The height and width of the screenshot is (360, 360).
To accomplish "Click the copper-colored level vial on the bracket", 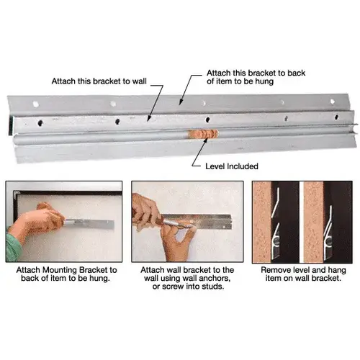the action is (x=203, y=134).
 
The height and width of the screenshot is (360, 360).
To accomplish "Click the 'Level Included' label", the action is (x=232, y=166).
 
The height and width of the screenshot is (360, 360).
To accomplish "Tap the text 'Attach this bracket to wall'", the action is (x=99, y=81).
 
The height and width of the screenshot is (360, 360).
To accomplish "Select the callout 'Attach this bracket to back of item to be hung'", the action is (x=256, y=77).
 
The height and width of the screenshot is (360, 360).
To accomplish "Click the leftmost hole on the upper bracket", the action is (x=36, y=104).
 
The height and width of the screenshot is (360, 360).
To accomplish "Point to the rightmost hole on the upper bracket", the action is (x=333, y=102).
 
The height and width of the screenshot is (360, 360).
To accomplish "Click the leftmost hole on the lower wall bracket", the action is (x=40, y=123).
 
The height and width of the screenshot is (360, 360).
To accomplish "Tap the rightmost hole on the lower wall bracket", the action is (x=336, y=117).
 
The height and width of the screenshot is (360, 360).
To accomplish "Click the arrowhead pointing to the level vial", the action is (x=206, y=140).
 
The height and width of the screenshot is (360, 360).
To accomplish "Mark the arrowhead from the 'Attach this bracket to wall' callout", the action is (x=148, y=118).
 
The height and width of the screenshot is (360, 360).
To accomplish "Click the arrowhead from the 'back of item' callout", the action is (x=181, y=102).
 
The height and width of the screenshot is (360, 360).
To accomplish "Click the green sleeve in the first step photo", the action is (x=14, y=247).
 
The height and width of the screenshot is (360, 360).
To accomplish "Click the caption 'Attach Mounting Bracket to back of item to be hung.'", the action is (x=66, y=274).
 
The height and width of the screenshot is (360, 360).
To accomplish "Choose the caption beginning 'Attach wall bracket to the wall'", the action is (x=187, y=278).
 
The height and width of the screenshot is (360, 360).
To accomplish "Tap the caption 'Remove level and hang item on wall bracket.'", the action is (x=303, y=274).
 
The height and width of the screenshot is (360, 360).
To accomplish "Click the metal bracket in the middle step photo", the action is (x=196, y=222).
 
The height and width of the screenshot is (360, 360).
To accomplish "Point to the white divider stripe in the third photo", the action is (x=301, y=222).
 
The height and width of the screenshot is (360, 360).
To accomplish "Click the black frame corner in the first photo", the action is (x=16, y=194).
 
